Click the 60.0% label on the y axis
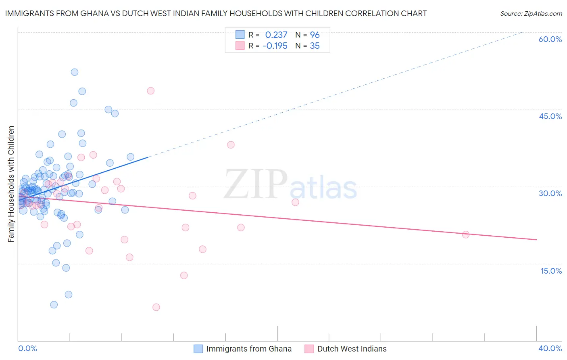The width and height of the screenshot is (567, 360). point(550,39)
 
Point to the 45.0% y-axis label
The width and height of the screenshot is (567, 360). point(550,116)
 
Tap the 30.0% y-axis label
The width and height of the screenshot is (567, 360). point(550,193)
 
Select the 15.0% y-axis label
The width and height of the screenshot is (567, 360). point(551,271)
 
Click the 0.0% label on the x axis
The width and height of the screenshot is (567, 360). point(27,348)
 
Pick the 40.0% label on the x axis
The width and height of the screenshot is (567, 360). point(550,348)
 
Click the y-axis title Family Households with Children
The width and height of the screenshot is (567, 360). point(11,184)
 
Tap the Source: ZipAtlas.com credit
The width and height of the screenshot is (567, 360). point(531,13)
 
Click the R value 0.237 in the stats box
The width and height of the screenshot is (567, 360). point(276,35)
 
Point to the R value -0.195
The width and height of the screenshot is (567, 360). point(275,46)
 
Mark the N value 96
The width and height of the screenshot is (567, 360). point(315,35)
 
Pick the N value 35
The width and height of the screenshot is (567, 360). point(315,46)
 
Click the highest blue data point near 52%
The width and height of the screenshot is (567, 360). point(75,72)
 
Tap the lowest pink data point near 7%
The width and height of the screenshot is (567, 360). point(156,307)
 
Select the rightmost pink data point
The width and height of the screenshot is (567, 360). point(466,234)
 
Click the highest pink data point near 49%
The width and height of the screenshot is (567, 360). point(150,91)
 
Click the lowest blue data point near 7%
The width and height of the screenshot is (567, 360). point(54,305)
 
